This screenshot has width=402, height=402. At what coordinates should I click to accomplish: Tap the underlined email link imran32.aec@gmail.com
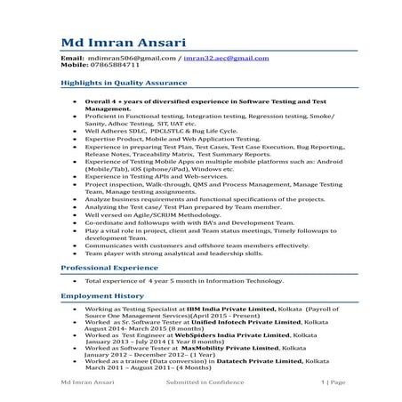(x=226, y=58)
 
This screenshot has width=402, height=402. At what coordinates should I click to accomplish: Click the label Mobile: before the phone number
(x=74, y=65)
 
